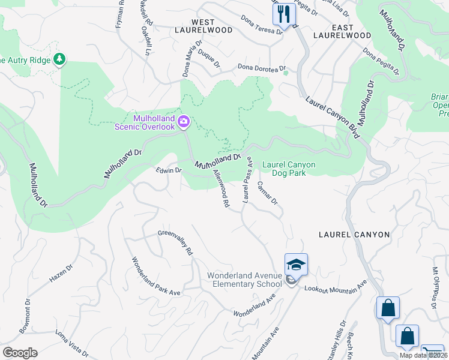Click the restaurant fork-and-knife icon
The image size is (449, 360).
coord(284,13)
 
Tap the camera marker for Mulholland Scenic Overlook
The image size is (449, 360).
coord(184,122)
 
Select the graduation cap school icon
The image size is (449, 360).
coord(296,264)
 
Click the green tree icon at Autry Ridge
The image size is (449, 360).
coord(59,59)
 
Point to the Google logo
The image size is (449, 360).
coord(20,353)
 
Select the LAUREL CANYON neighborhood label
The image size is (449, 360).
coord(354,235)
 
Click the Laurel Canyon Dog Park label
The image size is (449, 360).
coord(289,169)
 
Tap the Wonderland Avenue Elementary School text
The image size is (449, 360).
coord(244,280)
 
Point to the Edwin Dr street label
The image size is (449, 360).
coord(169,170)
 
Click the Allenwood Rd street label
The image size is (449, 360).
coord(221,188)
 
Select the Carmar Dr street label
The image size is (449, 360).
coord(267,193)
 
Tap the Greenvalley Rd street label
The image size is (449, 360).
coord(175,243)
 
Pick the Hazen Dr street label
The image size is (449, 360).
coord(61,275)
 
